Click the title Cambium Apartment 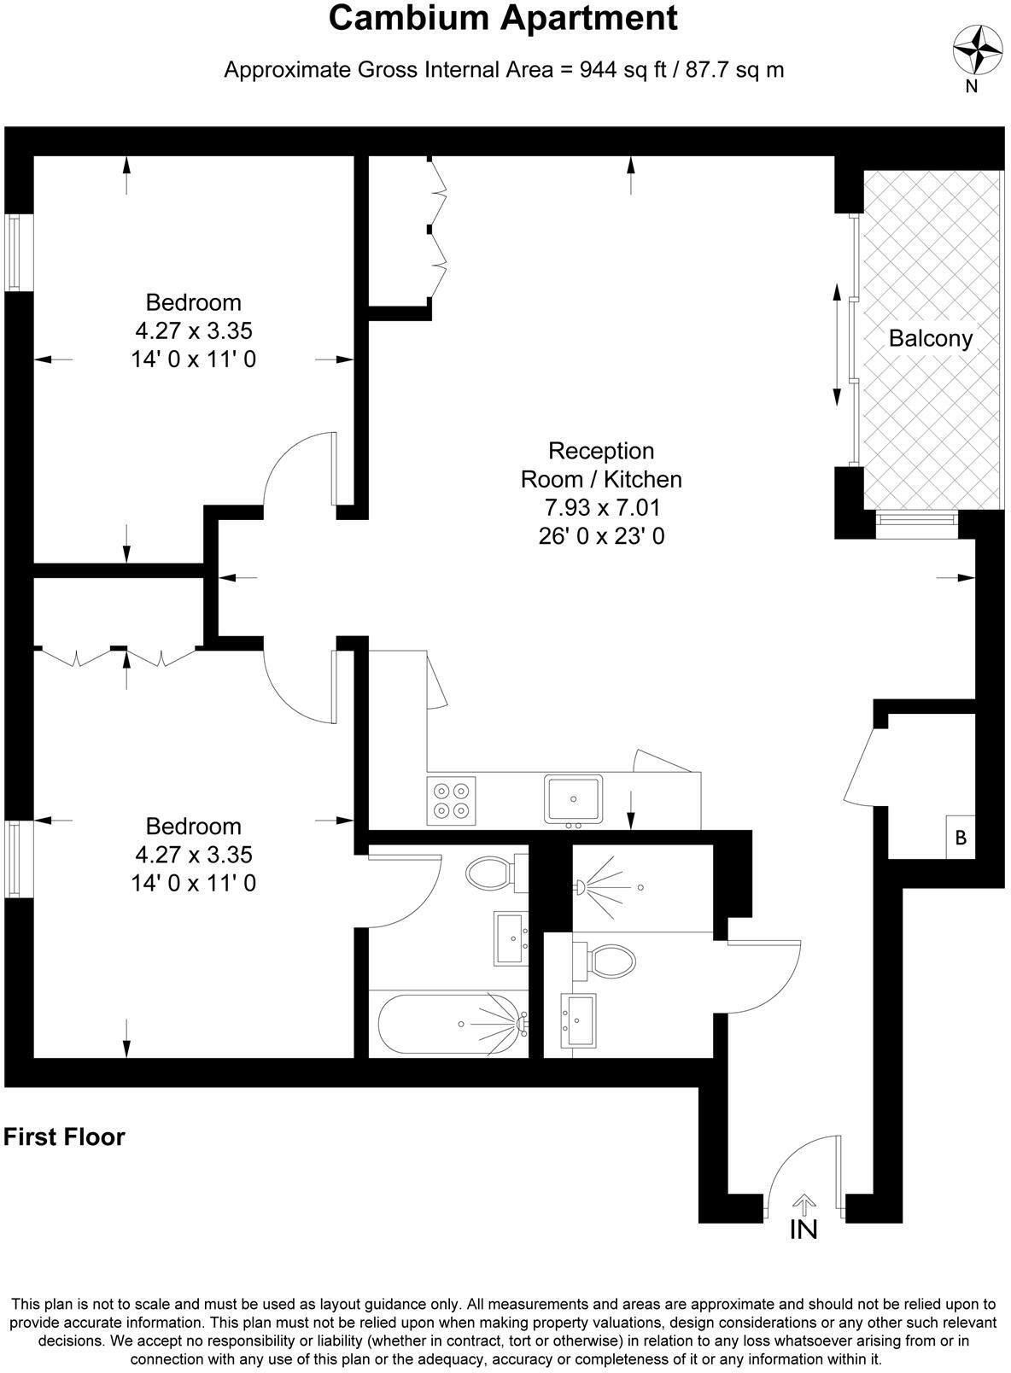click(x=503, y=19)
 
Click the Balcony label click(x=930, y=338)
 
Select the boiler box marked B click(x=961, y=838)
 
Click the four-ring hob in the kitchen click(x=452, y=801)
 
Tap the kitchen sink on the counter click(x=574, y=799)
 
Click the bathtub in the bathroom click(x=448, y=1023)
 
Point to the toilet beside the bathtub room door click(x=494, y=873)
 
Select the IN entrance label click(x=804, y=1230)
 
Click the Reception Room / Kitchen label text click(x=601, y=464)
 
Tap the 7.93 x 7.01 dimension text click(x=602, y=508)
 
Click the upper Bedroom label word click(x=193, y=302)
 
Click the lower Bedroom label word click(x=193, y=826)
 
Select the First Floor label click(x=64, y=1137)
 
